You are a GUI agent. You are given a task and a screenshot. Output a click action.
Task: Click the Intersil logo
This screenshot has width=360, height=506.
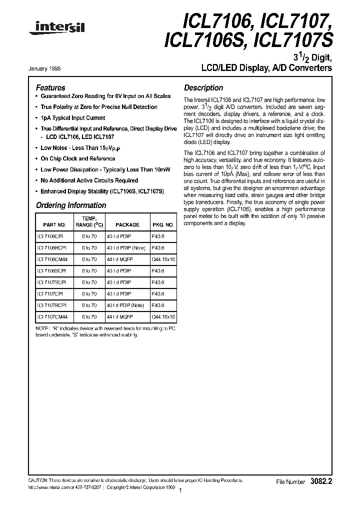click(x=56, y=30)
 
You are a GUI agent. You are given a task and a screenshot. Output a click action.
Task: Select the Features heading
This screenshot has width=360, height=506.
click(x=50, y=87)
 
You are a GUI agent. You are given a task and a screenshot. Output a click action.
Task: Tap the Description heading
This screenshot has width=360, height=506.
click(x=203, y=87)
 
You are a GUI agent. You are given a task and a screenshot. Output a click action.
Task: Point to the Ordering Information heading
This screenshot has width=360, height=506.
click(x=71, y=205)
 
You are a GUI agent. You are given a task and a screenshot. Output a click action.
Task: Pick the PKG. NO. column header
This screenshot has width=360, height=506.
click(x=163, y=225)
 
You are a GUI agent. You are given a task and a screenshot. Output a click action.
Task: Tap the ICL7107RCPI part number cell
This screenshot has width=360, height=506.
click(x=51, y=305)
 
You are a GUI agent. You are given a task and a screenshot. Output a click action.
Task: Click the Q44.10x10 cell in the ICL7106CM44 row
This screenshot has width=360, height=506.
click(x=163, y=259)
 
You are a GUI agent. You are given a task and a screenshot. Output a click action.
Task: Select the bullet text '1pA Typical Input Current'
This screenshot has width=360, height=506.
click(x=73, y=118)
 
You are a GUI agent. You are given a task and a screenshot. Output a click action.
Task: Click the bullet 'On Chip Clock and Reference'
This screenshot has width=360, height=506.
click(x=77, y=158)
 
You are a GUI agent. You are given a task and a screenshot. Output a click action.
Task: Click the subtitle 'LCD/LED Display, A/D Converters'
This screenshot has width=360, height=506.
click(x=266, y=68)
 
